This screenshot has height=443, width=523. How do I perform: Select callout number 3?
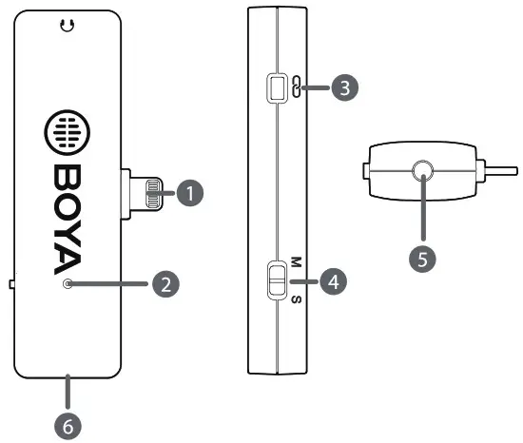point(344,88)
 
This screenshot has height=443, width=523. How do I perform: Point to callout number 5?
point(422,258)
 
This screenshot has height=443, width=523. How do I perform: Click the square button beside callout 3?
point(276,88)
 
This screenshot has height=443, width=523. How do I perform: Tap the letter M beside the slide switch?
point(296,260)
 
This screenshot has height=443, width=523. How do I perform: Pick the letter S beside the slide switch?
point(296,301)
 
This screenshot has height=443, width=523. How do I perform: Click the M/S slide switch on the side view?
point(276,281)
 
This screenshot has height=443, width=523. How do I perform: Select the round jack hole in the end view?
point(422,171)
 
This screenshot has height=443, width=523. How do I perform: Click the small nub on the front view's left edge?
point(11,283)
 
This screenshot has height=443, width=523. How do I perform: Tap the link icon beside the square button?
point(296,88)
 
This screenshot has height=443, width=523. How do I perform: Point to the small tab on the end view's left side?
point(366,172)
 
